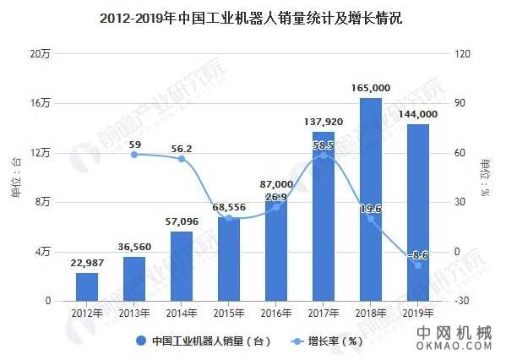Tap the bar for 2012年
(87, 286)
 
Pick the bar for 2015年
(228, 259)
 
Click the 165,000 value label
(370, 88)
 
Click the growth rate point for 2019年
(417, 265)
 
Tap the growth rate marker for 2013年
(134, 155)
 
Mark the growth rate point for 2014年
(182, 159)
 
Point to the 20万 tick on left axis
(41, 54)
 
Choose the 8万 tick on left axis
(43, 202)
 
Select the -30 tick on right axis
(460, 301)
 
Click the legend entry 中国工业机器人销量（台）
(204, 341)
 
